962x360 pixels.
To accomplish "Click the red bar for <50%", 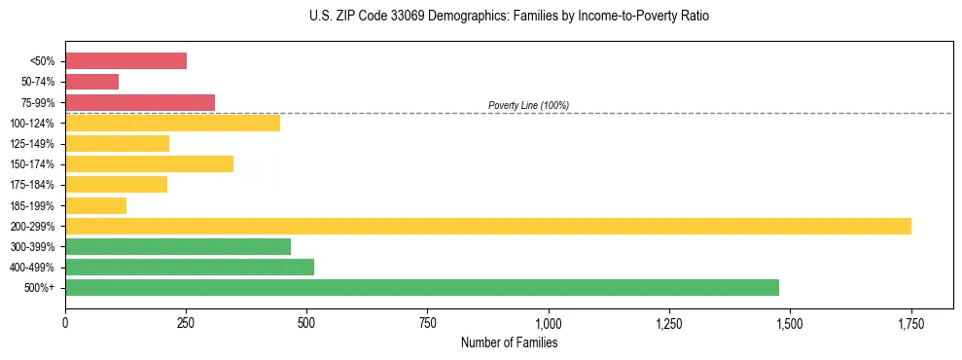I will point(125,61).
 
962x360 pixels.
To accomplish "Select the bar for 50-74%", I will point(91,82).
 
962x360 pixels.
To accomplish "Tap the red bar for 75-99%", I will point(140,102).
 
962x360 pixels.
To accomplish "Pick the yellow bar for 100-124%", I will point(172,123).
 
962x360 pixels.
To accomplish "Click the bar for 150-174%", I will point(149,163).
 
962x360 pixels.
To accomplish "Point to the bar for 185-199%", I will point(95,205).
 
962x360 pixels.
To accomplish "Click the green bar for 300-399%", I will point(178,246).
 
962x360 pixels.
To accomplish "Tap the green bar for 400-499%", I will point(190,267).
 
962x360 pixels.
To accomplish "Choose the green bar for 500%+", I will point(422,287).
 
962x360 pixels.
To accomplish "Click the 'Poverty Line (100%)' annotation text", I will point(528,105).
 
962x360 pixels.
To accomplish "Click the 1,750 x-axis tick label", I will point(910,322).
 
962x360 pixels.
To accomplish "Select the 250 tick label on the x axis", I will point(186,322).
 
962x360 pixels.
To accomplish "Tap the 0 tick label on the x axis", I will point(65,322).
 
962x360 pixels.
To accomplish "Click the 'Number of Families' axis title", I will point(509,342).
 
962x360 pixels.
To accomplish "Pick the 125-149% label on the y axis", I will point(32,144).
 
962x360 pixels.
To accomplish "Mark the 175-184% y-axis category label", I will point(32,185).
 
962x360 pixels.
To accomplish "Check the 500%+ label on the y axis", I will point(39,288).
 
